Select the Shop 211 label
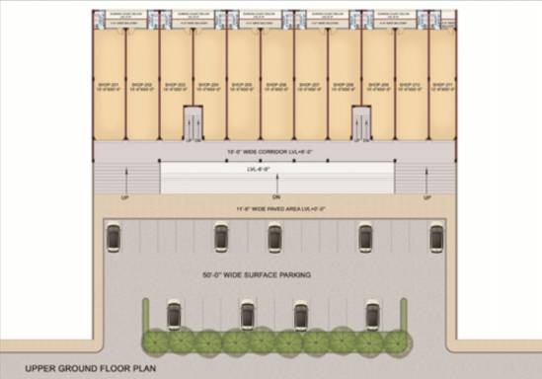pyautogui.click(x=443, y=86)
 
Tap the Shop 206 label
pyautogui.click(x=276, y=86)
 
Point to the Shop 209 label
pyautogui.click(x=377, y=86)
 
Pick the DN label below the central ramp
pyautogui.click(x=277, y=179)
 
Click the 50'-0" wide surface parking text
pyautogui.click(x=256, y=273)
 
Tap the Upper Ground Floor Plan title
pyautogui.click(x=91, y=364)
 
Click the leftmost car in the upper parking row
pyautogui.click(x=115, y=237)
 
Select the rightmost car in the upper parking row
pyautogui.click(x=436, y=237)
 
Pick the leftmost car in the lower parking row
pyautogui.click(x=174, y=315)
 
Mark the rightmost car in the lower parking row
pyautogui.click(x=372, y=315)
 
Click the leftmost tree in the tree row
pyautogui.click(x=154, y=342)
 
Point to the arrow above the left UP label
pyautogui.click(x=124, y=181)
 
